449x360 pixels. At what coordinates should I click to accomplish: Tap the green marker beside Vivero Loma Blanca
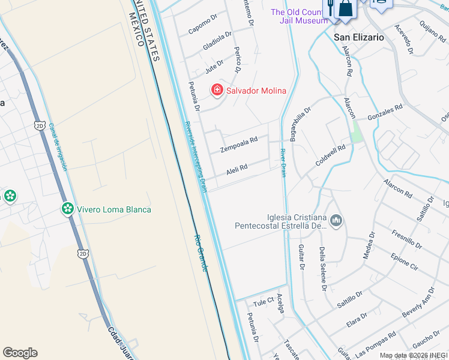68,209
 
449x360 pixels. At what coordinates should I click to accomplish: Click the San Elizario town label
358,37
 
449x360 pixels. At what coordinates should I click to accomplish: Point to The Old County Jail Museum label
298,16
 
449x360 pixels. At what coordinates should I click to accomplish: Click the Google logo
20,353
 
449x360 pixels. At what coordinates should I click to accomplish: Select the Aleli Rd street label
237,170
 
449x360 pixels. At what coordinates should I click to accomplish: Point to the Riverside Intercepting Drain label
195,156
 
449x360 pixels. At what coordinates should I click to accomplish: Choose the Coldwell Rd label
331,155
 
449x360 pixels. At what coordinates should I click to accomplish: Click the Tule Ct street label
263,300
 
